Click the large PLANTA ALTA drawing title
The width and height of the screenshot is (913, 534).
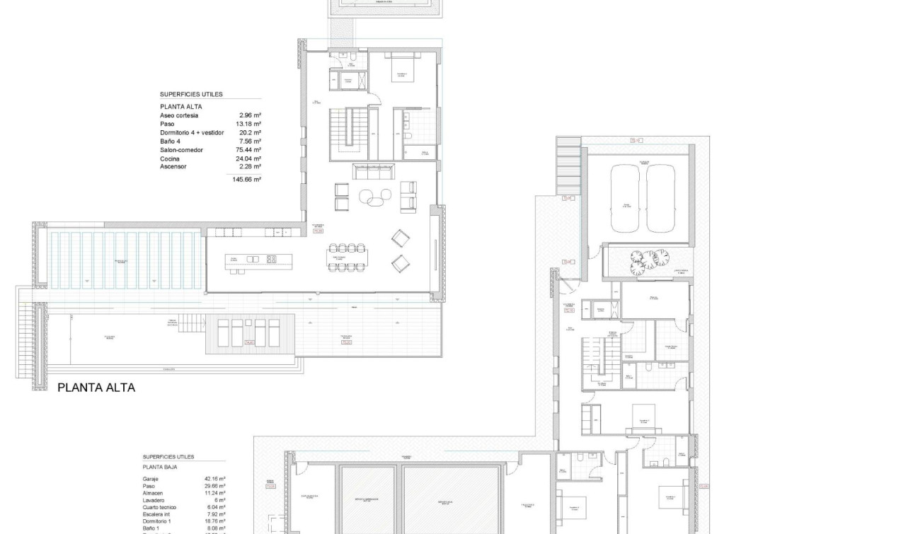point(96,388)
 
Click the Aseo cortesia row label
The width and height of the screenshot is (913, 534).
point(179,115)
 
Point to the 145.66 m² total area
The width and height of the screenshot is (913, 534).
point(247,180)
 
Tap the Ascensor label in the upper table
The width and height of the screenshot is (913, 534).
point(173,167)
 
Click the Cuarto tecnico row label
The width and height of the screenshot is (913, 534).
point(159,507)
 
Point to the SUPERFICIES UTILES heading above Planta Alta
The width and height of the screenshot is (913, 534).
point(191,94)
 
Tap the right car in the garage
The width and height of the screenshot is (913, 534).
point(661,197)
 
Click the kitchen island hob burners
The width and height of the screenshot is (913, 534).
point(271,260)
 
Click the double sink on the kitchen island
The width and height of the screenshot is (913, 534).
point(253,260)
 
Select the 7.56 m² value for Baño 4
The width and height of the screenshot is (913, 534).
point(252,141)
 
